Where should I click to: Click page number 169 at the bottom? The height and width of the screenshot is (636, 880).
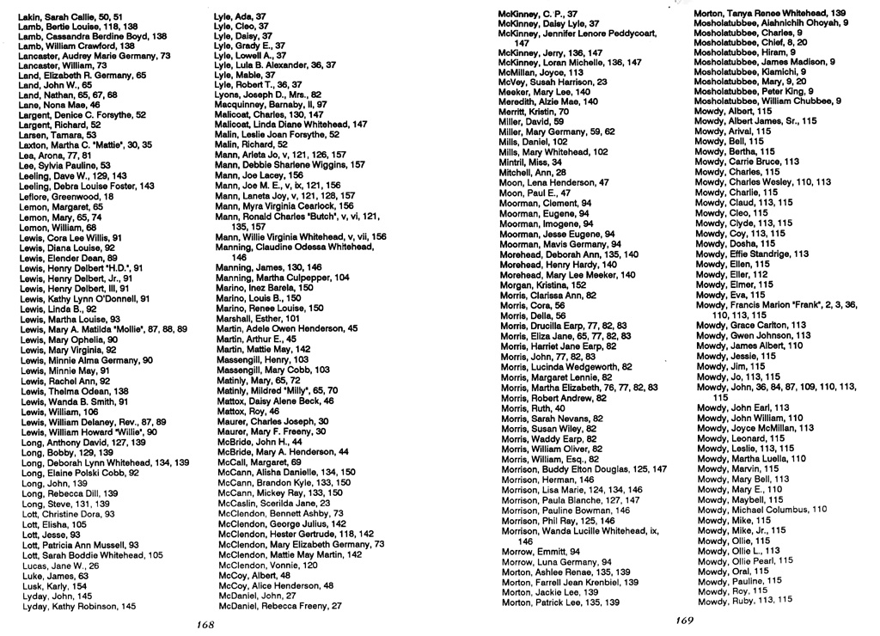(684, 620)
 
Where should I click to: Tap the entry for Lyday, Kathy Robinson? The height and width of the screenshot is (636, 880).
(78, 606)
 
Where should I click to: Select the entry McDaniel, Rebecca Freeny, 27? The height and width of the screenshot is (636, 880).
(280, 606)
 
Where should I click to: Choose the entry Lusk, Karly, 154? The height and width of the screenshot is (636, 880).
(53, 586)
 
